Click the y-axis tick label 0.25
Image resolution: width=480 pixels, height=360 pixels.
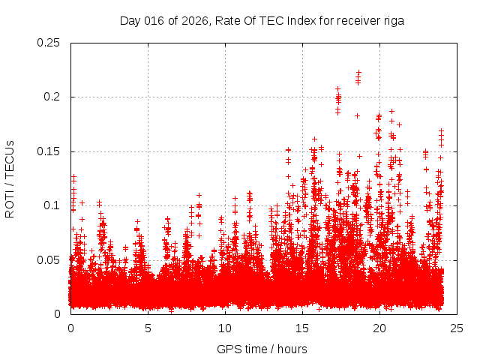pos(49,43)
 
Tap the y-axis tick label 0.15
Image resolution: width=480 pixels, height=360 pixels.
pos(49,151)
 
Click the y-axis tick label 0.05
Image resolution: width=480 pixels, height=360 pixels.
pos(49,259)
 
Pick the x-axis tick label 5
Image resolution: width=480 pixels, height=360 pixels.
pos(148,328)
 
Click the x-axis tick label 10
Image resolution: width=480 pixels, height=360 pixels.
pos(225,328)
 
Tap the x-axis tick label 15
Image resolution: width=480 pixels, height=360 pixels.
pos(302,328)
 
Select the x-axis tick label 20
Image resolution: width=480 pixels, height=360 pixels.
pos(379,328)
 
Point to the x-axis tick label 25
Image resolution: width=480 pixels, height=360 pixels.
pos(457,328)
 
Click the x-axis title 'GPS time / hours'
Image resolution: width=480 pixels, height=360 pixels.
pos(262,349)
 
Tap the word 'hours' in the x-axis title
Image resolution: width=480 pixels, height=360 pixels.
pos(292,349)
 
